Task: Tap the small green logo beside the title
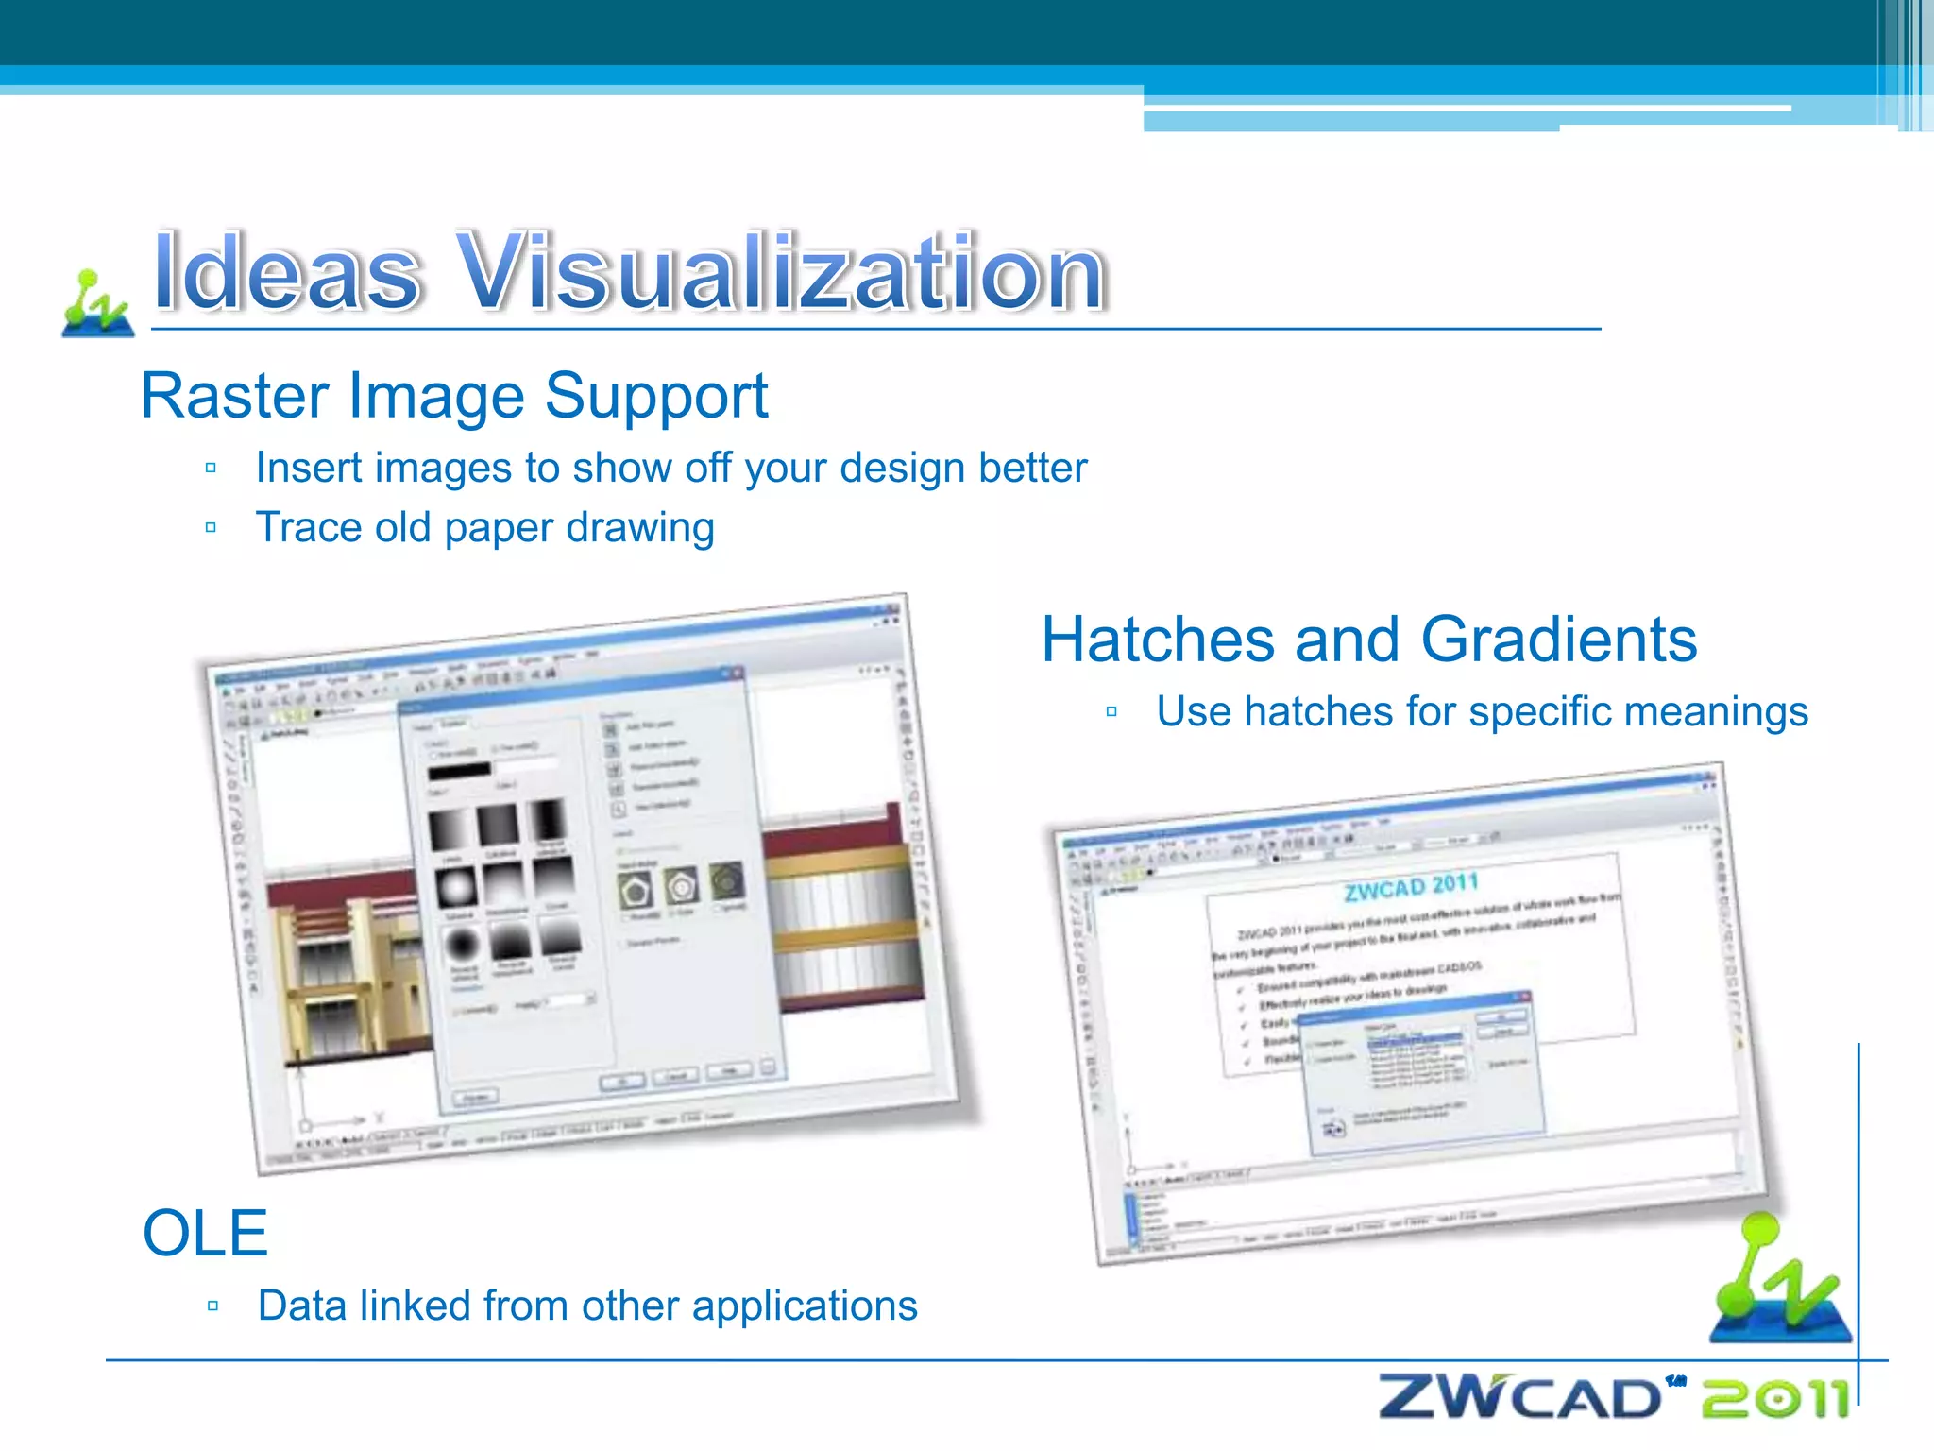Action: click(x=97, y=303)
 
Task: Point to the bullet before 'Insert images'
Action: click(x=211, y=468)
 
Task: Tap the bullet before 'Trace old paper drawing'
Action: click(x=211, y=527)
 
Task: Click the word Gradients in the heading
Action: click(x=1558, y=640)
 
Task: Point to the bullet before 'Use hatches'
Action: click(x=1111, y=711)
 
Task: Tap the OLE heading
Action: click(x=205, y=1233)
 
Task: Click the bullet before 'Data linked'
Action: click(x=212, y=1306)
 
